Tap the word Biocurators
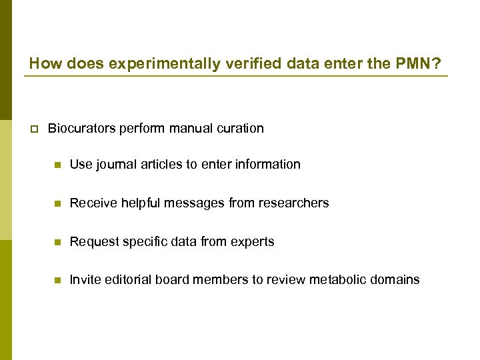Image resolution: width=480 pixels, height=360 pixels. pos(82,128)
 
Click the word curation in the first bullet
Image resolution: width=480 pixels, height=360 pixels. pos(241,128)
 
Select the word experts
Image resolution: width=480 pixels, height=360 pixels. pos(254,241)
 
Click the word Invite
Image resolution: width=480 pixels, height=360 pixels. pos(85,279)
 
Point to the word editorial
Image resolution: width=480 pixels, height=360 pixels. pos(127,279)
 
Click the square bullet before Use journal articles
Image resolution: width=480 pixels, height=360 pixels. pos(57,165)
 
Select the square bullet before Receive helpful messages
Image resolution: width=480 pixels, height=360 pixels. pos(57,203)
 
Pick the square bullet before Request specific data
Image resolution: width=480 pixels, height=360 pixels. pos(57,242)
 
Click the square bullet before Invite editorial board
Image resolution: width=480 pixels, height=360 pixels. pos(57,280)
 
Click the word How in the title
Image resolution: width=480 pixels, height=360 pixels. pos(42,64)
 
